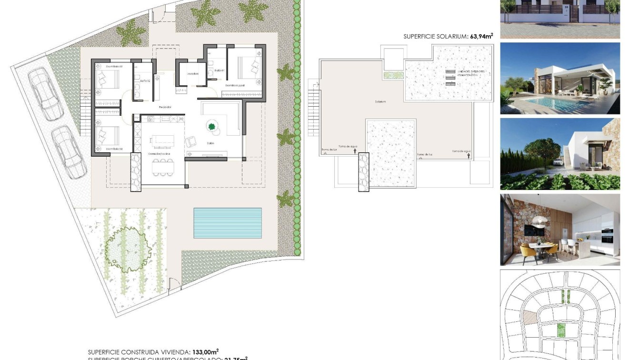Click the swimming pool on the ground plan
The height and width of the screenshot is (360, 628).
[x=228, y=223]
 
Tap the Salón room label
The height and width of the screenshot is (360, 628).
[x=210, y=143]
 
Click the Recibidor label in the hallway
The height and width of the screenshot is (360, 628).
[x=165, y=107]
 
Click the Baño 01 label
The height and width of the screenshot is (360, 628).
[x=219, y=70]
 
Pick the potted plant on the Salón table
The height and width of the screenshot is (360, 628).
[x=211, y=127]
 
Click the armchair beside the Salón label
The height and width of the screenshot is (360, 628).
[x=191, y=141]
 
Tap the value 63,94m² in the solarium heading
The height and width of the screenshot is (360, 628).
[x=481, y=36]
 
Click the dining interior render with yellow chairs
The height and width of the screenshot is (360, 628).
[x=560, y=230]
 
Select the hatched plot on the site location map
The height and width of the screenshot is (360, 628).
[x=529, y=318]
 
